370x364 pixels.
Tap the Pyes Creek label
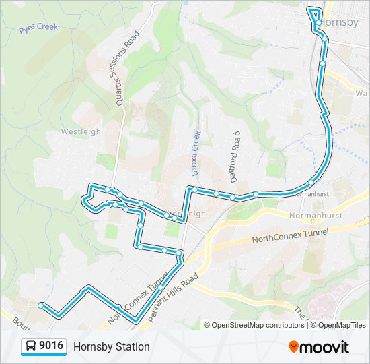[x=38, y=28]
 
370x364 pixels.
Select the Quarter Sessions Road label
[x=128, y=67]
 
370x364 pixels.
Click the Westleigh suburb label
[x=81, y=131]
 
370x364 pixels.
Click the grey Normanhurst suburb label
[x=316, y=217]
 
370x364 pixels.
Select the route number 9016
[x=52, y=346]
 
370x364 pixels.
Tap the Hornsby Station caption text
[x=112, y=347]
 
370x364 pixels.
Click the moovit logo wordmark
[x=325, y=347]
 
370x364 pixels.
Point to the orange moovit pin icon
[x=294, y=347]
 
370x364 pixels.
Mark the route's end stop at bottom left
[x=41, y=305]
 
